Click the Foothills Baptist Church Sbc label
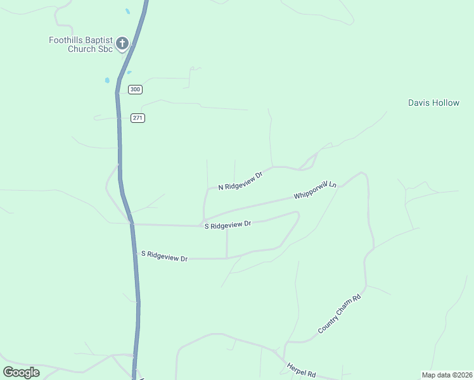(x=80, y=44)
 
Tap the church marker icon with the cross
(x=122, y=44)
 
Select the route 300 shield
(x=135, y=89)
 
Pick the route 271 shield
(x=138, y=118)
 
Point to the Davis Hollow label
(x=433, y=103)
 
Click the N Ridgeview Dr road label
(x=240, y=181)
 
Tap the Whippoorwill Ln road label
(x=315, y=190)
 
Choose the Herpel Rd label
(x=301, y=370)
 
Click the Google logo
(x=22, y=372)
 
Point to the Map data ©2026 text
(x=447, y=374)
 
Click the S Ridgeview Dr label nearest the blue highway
(x=165, y=256)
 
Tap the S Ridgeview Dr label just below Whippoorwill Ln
(x=228, y=225)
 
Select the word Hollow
(x=445, y=103)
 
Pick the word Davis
(x=419, y=103)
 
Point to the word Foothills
(x=65, y=40)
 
